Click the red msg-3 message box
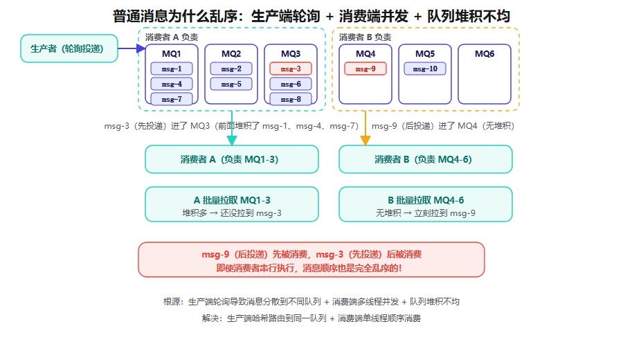tap(291, 69)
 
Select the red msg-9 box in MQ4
tap(365, 69)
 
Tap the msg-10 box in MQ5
tap(425, 69)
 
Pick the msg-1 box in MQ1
tap(172, 69)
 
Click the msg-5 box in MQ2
tap(231, 84)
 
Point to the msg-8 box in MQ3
tap(291, 99)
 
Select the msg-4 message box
tap(172, 84)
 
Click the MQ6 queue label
tap(485, 53)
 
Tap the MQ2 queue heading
tap(231, 53)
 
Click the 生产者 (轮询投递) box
tap(69, 48)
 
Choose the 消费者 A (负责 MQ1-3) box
tap(232, 159)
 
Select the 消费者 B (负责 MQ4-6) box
tap(426, 159)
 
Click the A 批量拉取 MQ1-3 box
tap(232, 204)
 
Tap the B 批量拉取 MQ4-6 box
tap(426, 204)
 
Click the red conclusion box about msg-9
tap(311, 260)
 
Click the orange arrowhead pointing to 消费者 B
tap(365, 141)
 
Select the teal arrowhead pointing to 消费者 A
tap(232, 141)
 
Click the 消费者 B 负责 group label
tap(365, 37)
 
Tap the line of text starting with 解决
tap(311, 318)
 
